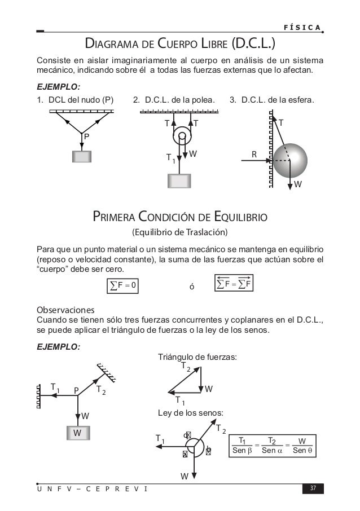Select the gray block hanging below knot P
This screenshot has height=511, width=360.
[82, 156]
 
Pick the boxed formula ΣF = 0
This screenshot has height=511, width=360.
[122, 285]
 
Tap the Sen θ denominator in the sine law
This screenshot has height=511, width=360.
[302, 450]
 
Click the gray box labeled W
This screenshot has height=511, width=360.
[76, 433]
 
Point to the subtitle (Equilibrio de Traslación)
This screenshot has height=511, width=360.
[179, 232]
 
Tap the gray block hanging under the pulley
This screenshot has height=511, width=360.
[180, 180]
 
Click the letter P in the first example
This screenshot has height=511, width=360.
[86, 136]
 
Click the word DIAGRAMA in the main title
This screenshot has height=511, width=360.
[111, 43]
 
